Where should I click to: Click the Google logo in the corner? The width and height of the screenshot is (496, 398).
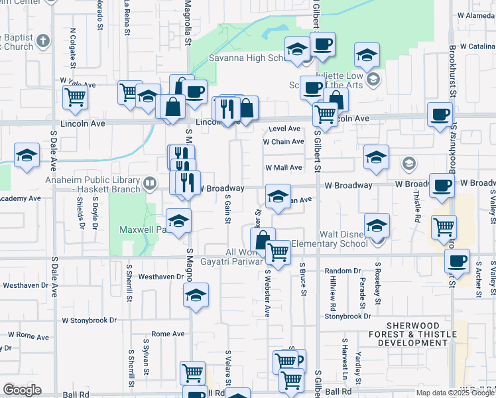coord(22,390)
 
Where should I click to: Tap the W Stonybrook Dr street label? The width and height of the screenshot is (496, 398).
coord(90,320)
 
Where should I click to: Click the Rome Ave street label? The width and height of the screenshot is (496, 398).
coord(168,334)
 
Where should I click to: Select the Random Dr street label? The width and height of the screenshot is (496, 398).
coord(342,271)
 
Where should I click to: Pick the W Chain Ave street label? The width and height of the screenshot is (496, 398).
coord(283,141)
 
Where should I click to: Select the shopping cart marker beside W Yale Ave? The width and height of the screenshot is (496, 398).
coord(76,98)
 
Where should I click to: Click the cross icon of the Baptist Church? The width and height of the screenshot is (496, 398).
coord(43,41)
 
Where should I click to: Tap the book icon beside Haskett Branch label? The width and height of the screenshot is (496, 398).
coord(151,182)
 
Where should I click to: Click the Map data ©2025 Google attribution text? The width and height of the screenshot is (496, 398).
coord(455,393)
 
